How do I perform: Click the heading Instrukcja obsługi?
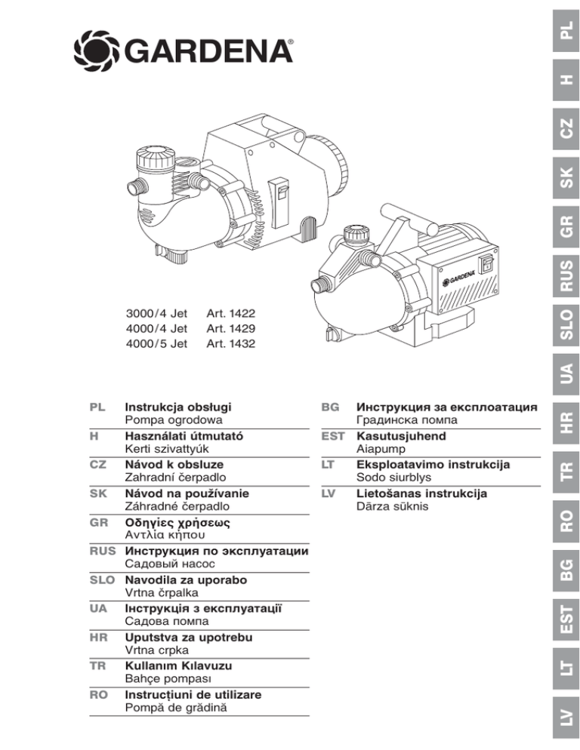coord(178,407)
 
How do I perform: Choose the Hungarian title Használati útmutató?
coord(185,435)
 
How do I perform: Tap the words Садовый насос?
coord(170,564)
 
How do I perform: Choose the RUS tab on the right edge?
coord(566,276)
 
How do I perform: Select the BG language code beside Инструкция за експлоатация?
coord(329,407)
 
